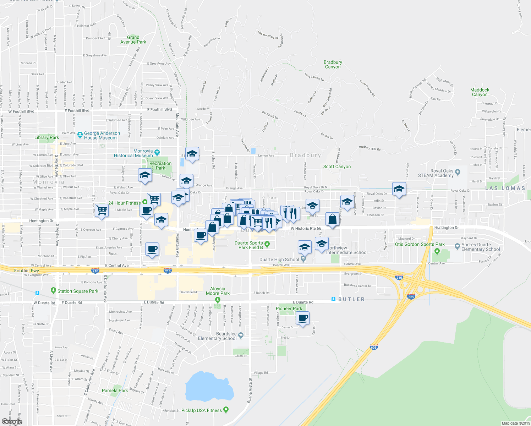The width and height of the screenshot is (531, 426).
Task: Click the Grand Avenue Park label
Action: (133, 40)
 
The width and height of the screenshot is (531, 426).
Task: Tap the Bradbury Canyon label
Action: (333, 65)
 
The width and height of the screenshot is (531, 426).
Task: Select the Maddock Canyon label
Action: (480, 92)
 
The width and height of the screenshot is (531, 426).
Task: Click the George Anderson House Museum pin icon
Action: (80, 135)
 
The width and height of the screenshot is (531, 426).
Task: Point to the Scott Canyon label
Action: (337, 166)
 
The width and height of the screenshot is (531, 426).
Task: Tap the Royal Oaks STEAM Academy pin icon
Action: (458, 172)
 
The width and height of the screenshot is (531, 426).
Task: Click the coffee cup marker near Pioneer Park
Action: (302, 318)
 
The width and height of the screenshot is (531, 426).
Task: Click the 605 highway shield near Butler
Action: (411, 297)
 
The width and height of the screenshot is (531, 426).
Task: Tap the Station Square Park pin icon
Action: (53, 290)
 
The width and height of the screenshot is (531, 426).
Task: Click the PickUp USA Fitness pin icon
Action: (226, 410)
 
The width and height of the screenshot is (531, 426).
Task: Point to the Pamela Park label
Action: (115, 390)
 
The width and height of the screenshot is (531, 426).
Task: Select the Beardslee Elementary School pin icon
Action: (241, 335)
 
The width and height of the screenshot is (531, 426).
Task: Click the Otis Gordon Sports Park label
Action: (420, 244)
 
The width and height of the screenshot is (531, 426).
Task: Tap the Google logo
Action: (12, 421)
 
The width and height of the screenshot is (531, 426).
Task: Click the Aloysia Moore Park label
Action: (218, 291)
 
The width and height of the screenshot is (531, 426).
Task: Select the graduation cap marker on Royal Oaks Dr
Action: (399, 189)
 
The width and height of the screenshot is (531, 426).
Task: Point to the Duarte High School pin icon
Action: (303, 259)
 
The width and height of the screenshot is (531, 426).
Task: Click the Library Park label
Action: (46, 137)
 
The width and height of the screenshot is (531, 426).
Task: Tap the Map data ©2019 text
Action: (516, 423)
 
